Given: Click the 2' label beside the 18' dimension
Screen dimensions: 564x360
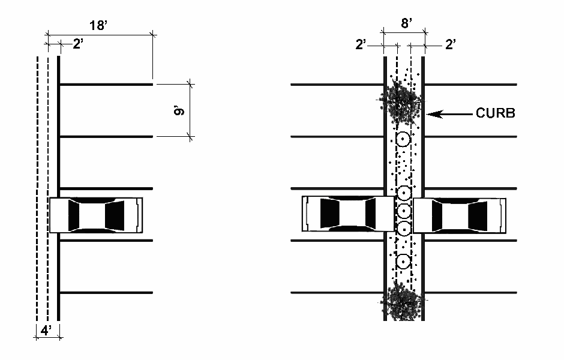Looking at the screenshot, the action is click(x=79, y=44).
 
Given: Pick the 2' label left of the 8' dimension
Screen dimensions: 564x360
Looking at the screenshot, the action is click(x=361, y=44).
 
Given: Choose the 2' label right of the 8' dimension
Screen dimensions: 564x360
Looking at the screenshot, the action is click(x=450, y=44).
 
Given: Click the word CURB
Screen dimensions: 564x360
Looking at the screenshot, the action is click(x=495, y=113).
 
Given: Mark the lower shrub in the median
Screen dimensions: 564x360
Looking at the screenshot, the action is click(x=403, y=303).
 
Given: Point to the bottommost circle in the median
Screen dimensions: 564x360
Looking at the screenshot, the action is click(x=403, y=262).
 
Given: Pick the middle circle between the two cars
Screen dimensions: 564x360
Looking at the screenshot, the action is click(x=403, y=211).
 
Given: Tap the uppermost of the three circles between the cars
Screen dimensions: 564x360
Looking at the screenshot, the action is click(x=403, y=193).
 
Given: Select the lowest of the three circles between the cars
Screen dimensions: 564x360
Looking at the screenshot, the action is click(x=403, y=229).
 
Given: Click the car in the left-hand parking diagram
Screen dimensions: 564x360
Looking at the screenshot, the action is click(x=96, y=214).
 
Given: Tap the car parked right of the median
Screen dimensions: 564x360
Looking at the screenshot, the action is click(x=459, y=214).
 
